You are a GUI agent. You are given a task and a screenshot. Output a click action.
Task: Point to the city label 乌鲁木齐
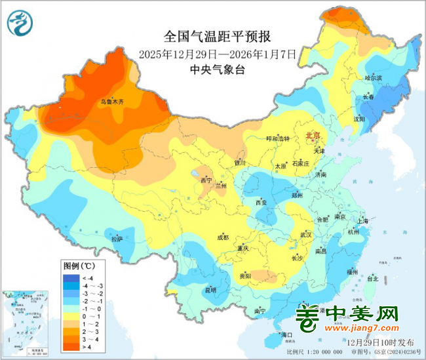[x=111, y=102]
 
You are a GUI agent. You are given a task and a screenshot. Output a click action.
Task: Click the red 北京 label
[x=313, y=136]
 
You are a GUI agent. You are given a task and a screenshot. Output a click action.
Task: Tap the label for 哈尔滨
[x=373, y=78]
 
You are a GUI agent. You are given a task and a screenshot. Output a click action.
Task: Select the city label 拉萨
[x=117, y=239]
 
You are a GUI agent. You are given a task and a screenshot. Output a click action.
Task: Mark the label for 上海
[x=365, y=221]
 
